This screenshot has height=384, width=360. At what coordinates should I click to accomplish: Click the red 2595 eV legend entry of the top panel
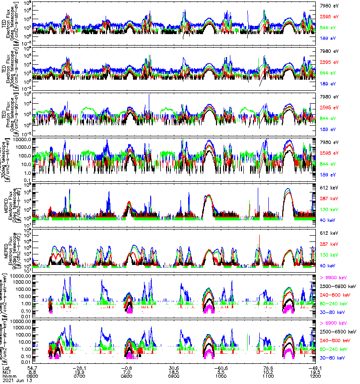(329, 17)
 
